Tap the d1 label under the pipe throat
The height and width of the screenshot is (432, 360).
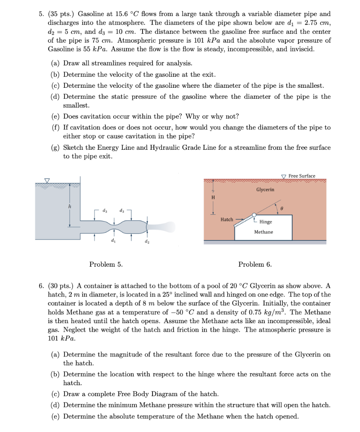112,240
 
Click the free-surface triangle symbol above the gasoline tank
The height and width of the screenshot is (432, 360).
47,181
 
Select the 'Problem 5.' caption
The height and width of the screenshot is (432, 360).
106,265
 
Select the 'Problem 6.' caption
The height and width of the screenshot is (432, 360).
255,265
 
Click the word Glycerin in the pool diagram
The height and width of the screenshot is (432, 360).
265,189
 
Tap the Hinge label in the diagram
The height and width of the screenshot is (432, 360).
266,222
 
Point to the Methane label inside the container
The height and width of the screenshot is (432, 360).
263,232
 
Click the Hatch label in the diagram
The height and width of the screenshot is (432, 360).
227,219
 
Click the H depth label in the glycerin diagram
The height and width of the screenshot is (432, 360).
212,197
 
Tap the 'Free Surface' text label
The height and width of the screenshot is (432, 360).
302,176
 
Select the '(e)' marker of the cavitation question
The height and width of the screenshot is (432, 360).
56,116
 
